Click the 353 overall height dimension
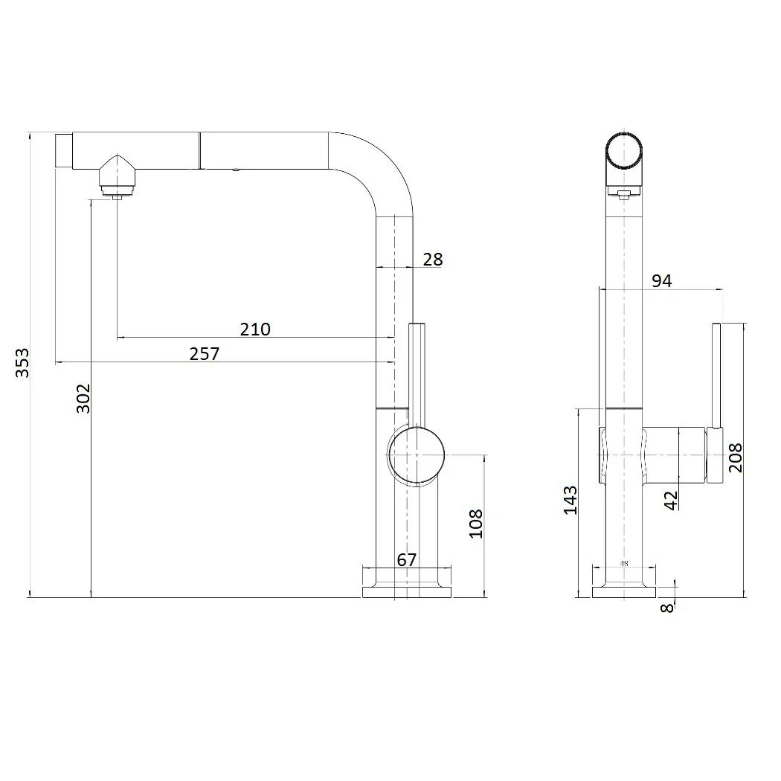[22, 363]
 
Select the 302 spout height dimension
[83, 398]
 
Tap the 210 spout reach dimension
[255, 330]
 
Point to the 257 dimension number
[205, 353]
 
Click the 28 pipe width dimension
[432, 260]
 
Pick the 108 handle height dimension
[476, 524]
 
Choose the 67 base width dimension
[406, 560]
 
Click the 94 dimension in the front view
[661, 281]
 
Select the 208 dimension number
[735, 457]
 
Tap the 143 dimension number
[571, 500]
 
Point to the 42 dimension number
[672, 501]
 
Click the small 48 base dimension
[624, 563]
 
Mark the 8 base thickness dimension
[667, 608]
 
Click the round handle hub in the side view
[417, 454]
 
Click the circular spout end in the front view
[623, 151]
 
